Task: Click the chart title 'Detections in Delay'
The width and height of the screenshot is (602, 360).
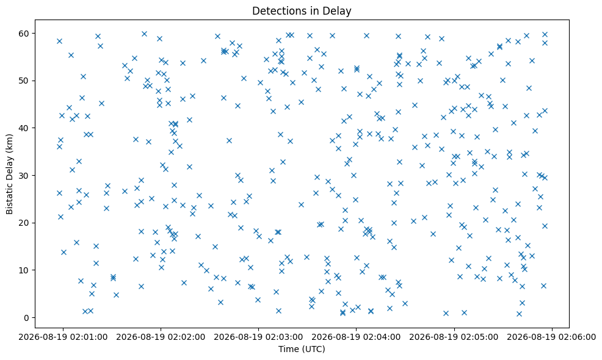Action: click(302, 11)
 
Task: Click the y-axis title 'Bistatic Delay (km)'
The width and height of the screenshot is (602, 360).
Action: click(10, 174)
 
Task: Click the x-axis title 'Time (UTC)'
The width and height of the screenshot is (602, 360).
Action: click(302, 349)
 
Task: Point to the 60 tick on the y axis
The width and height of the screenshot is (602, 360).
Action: click(26, 34)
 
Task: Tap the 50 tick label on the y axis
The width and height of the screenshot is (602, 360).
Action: click(26, 81)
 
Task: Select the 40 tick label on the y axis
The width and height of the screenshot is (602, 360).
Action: click(26, 128)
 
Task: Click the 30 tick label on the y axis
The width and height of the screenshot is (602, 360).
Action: click(26, 175)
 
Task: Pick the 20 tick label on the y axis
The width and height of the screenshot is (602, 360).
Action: click(26, 223)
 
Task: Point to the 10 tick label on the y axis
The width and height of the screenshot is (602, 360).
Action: click(26, 270)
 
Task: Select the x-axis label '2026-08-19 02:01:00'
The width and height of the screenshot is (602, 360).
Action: click(63, 337)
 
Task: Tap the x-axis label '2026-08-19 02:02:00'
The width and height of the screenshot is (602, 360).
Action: click(161, 337)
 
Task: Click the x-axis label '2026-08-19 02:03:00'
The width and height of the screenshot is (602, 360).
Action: click(259, 337)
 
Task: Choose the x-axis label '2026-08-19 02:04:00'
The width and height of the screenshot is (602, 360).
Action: click(357, 337)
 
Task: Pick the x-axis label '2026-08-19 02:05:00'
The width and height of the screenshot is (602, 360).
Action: click(455, 337)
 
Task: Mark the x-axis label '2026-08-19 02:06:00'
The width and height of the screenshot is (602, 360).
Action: click(552, 337)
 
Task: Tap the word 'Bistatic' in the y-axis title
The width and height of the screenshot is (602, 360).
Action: click(10, 198)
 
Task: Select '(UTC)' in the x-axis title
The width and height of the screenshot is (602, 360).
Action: click(313, 349)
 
